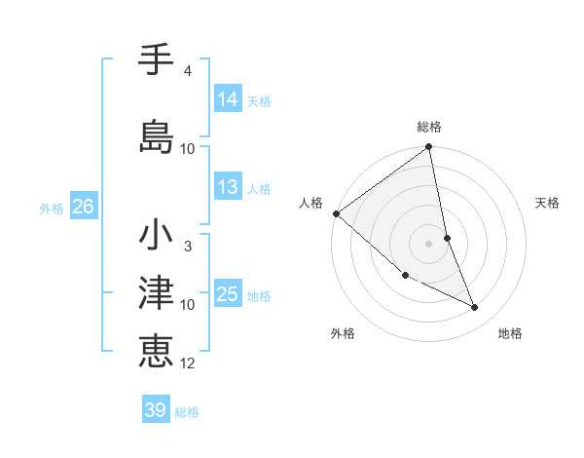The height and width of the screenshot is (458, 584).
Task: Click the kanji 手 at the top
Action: pos(156,60)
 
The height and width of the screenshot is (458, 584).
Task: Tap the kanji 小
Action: pos(156,236)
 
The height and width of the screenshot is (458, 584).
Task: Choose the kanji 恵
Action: pos(156,348)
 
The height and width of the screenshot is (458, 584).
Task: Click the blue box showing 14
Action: pos(228,98)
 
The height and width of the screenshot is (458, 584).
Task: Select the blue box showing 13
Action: pos(228,187)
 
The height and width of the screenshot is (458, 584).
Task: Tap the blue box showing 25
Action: pos(228,294)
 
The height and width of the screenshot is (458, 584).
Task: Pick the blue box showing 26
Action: pos(83,207)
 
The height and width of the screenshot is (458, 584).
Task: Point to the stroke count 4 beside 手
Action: pos(188,71)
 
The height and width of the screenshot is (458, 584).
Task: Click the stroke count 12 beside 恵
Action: pos(188,363)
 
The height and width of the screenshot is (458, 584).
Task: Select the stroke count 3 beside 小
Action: pos(188,247)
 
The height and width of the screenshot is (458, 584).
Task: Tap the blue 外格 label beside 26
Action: pos(52,208)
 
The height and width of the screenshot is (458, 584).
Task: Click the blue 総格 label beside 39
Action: pos(187,411)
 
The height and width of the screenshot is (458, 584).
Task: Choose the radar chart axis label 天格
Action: pos(548,203)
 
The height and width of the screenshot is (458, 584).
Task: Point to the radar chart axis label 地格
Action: pos(510,333)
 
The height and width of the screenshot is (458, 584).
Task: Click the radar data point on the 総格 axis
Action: pos(429,148)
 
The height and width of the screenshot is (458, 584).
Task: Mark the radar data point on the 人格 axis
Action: pos(336,213)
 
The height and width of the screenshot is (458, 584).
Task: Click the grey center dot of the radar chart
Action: pos(428,244)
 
